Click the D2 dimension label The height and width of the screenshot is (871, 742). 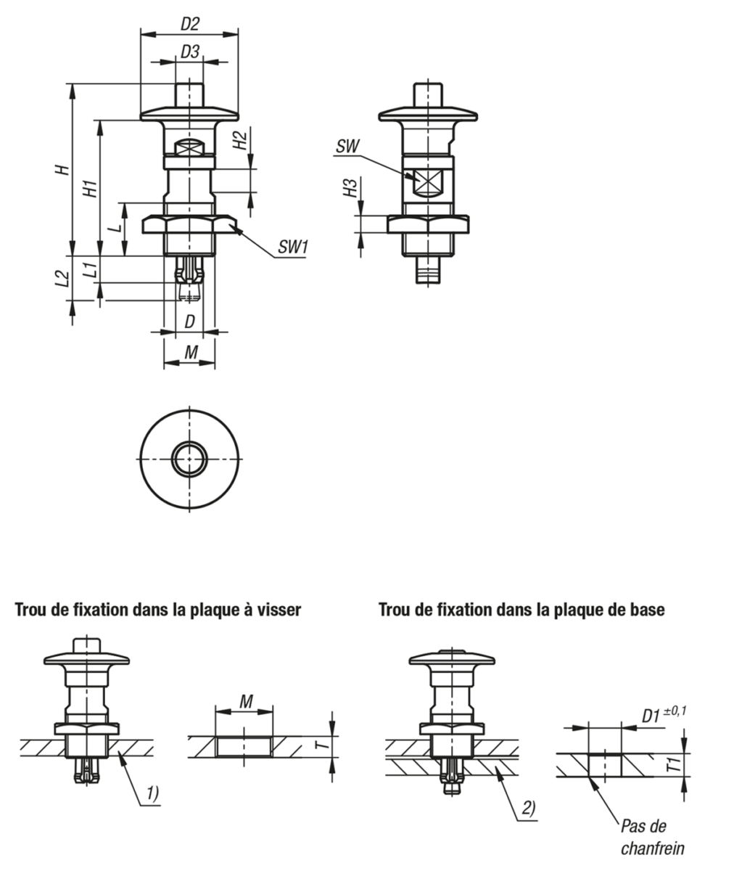[189, 25]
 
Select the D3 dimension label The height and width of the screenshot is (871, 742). [189, 52]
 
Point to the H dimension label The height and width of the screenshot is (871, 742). [63, 169]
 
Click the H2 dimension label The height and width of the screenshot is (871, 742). [239, 140]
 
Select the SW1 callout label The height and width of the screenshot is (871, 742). [293, 247]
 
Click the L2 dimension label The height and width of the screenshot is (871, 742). [62, 279]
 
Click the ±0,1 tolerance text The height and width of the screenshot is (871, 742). [675, 711]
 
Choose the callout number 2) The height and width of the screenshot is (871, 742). [529, 808]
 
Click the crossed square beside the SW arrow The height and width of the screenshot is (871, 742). [427, 180]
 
